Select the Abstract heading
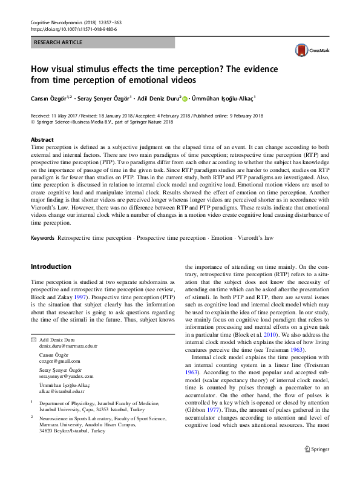(x=42, y=139)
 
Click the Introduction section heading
(x=50, y=266)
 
